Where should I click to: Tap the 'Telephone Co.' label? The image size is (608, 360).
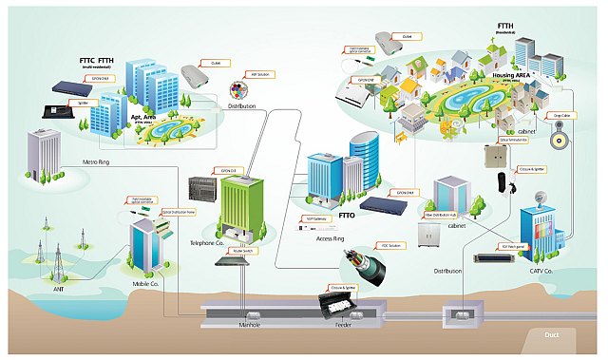coord(208,243)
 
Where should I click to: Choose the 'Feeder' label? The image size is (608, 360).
coord(345,325)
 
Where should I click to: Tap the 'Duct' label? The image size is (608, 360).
coord(552,334)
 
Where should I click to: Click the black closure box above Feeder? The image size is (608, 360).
coord(339,304)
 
